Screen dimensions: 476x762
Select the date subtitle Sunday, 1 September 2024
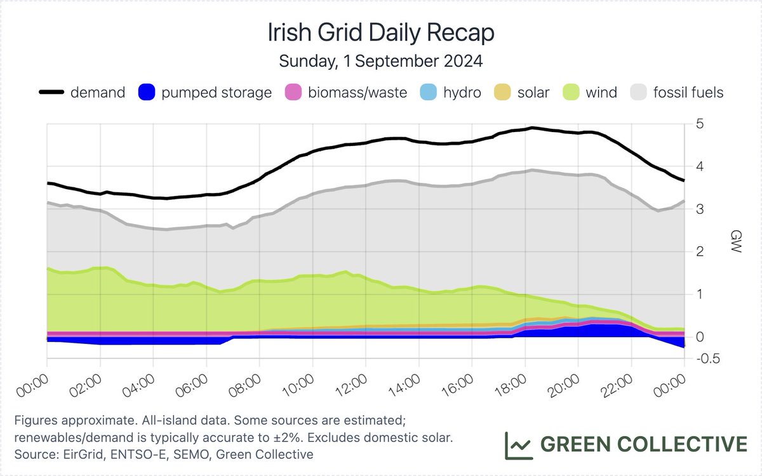380,62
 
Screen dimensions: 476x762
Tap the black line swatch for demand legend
52,93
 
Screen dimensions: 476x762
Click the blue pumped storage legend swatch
147,93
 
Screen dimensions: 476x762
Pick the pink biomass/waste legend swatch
292,93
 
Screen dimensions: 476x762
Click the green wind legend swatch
571,93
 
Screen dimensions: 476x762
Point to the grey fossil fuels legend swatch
643,93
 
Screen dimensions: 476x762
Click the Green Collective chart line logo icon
518,445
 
